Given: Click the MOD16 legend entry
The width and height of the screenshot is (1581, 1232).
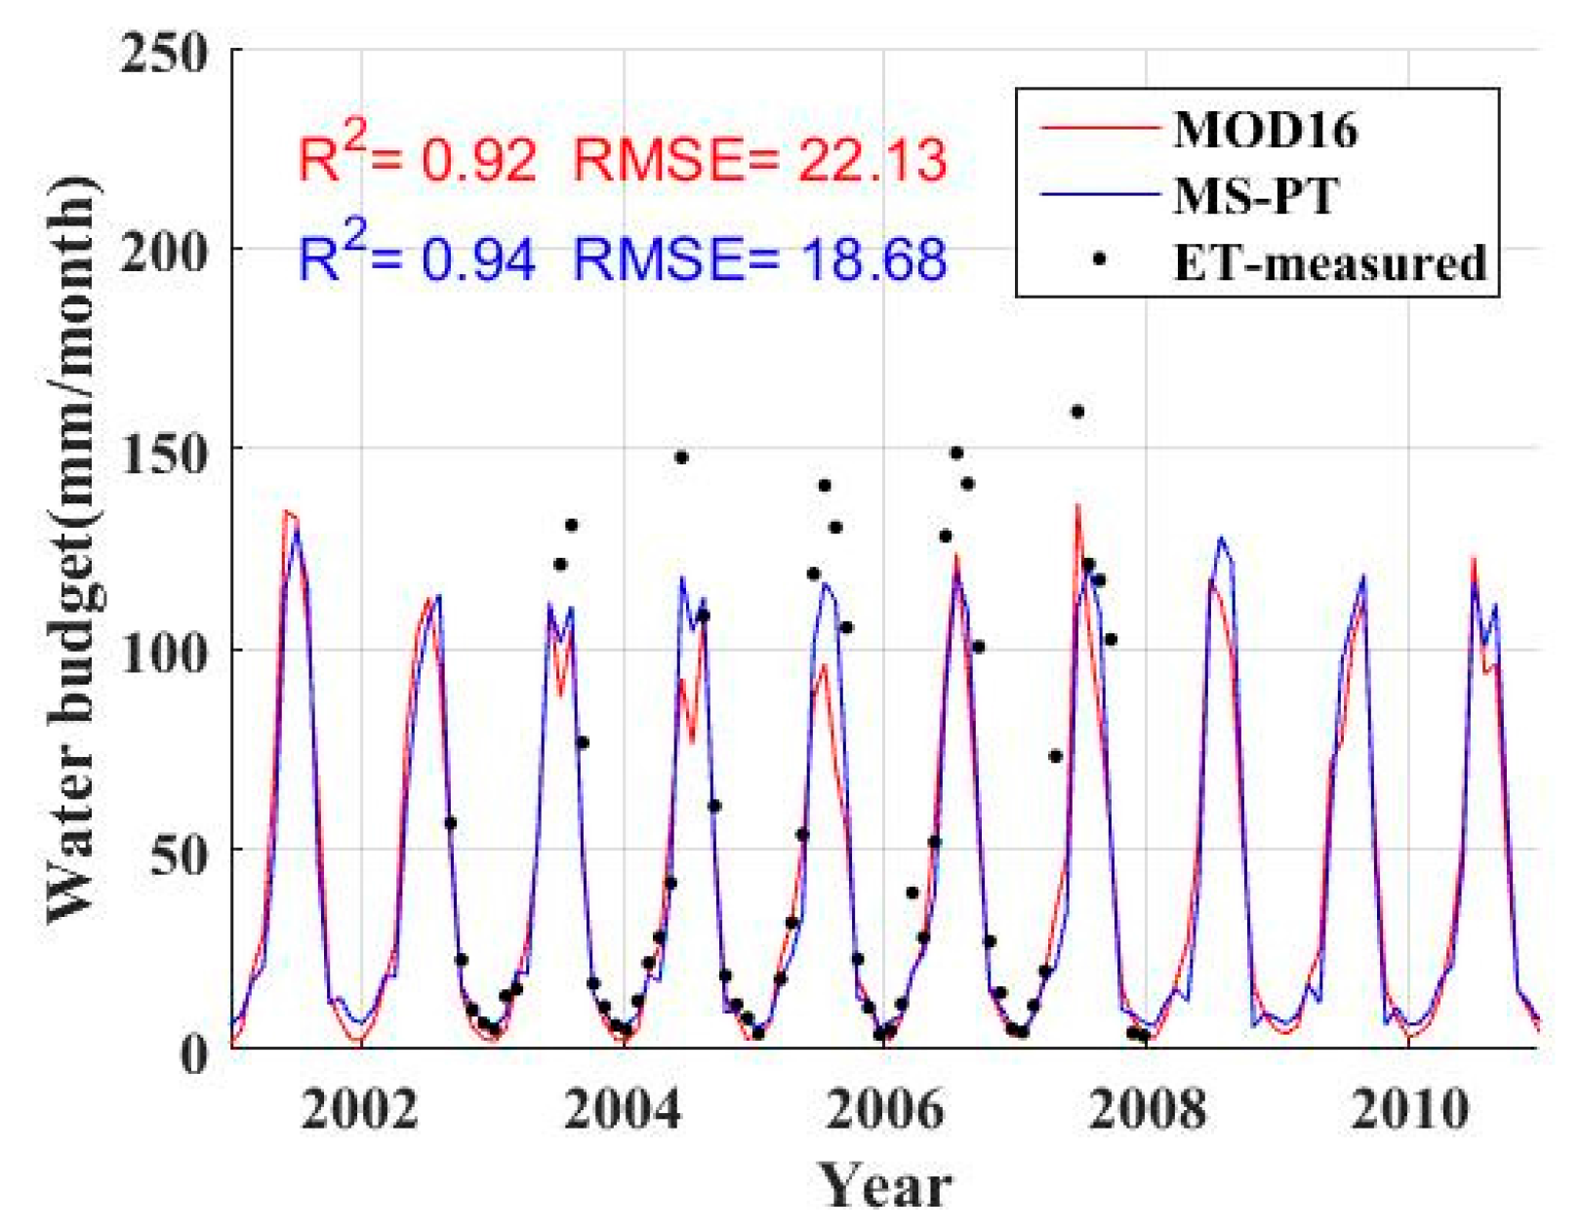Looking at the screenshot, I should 1265,129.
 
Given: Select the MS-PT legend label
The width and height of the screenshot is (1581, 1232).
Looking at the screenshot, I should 1255,196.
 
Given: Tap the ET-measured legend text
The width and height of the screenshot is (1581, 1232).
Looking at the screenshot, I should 1329,262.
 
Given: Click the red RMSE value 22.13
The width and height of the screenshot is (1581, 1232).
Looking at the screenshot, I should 872,160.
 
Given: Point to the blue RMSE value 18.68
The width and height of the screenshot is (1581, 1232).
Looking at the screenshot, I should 872,259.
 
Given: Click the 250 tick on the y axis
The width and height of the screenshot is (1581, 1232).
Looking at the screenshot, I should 164,53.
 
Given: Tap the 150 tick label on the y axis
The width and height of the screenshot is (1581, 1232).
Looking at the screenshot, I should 164,454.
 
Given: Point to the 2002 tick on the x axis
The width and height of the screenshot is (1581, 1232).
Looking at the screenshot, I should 359,1109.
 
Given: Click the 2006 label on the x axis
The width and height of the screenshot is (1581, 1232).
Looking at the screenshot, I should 884,1109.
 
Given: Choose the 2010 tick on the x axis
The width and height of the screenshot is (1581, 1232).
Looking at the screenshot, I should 1408,1109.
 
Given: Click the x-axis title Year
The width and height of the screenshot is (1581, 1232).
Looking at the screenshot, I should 884,1185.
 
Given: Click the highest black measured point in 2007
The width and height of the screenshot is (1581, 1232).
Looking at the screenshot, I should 1077,412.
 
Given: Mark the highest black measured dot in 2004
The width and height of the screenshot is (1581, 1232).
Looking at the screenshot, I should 681,457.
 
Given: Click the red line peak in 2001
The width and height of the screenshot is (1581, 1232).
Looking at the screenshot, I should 286,511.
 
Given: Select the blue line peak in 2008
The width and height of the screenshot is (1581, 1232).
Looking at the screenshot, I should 1220,538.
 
